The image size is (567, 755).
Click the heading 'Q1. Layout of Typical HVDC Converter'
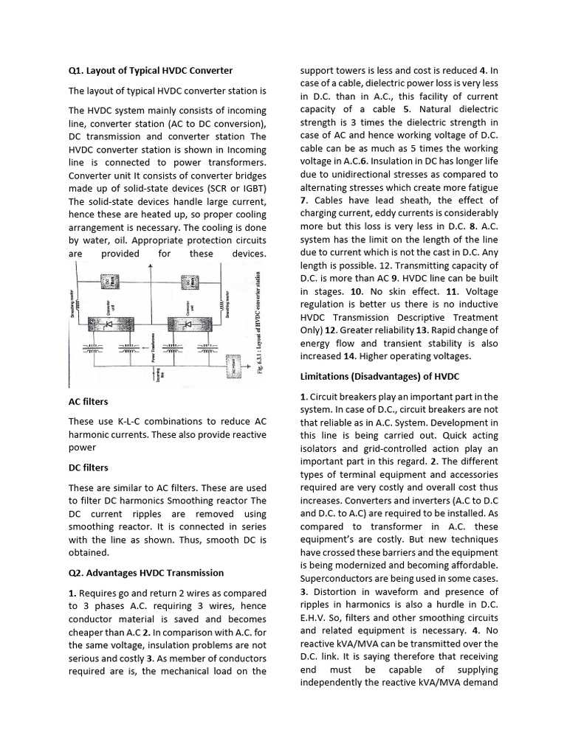click(x=150, y=71)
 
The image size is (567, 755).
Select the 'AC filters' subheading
click(x=88, y=401)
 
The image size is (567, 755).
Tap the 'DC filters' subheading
click(x=88, y=467)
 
